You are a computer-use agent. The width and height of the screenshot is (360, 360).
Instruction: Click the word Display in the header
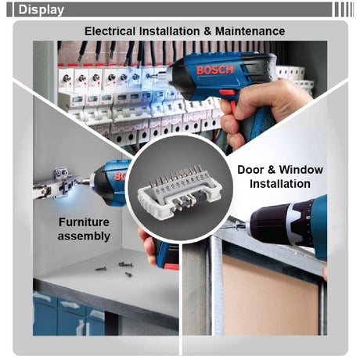tap(41, 10)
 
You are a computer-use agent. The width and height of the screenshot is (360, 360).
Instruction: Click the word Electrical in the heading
tap(110, 31)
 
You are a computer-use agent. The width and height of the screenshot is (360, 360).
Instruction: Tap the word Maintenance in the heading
tap(250, 31)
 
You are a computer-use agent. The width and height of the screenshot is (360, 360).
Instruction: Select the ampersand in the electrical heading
tap(207, 31)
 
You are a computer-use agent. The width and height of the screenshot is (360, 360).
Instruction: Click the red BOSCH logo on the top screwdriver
tap(215, 70)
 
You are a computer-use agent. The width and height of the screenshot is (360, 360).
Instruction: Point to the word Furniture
tap(84, 222)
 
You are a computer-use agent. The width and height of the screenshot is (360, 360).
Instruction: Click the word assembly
tap(84, 236)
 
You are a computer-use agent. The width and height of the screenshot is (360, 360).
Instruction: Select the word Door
tap(249, 170)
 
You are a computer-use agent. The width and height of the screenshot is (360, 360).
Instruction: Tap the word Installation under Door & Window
tap(280, 184)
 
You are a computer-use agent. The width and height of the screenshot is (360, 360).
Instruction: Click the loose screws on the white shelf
tap(116, 268)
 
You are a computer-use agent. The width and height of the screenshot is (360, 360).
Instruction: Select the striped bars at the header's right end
tap(344, 9)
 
